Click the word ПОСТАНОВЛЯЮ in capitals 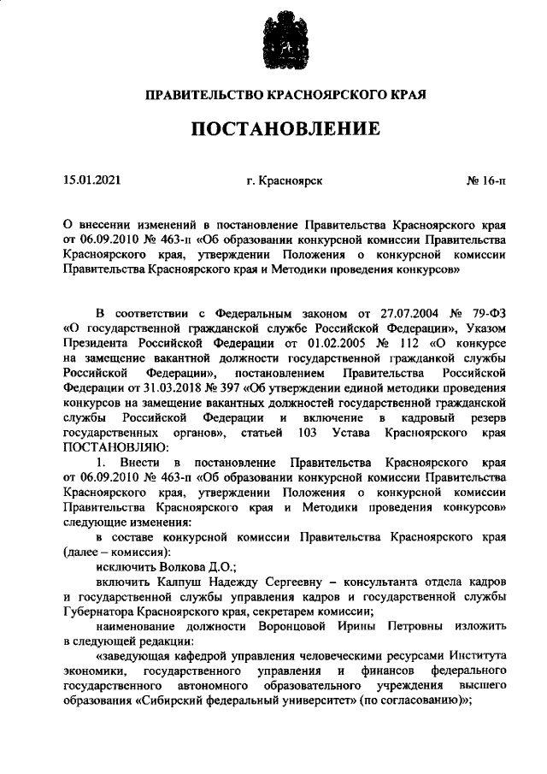[110, 446]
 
